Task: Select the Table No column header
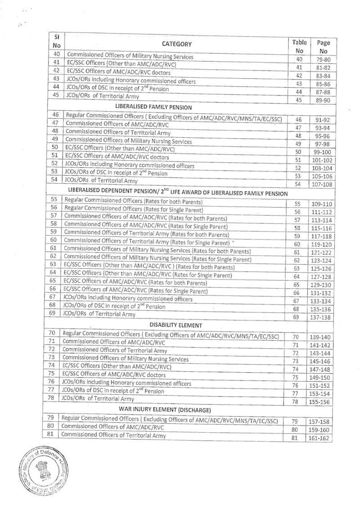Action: click(299, 46)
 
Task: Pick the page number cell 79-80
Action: click(324, 60)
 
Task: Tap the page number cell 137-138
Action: click(324, 318)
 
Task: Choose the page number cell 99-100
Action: click(324, 152)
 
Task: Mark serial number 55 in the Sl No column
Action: click(54, 199)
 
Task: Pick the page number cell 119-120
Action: click(324, 244)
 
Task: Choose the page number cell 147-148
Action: click(324, 370)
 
